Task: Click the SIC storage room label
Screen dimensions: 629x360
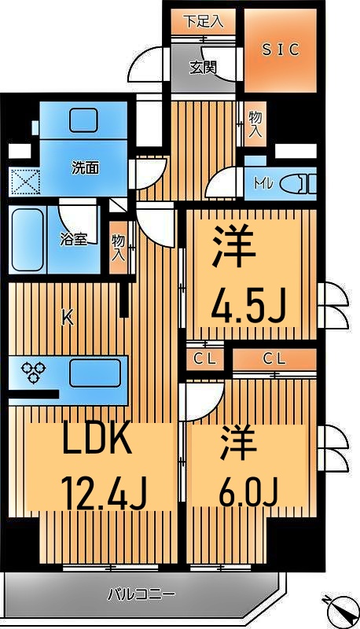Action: click(280, 50)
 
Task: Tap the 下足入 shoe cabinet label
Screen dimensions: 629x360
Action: click(204, 21)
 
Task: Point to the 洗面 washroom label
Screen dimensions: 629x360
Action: click(85, 167)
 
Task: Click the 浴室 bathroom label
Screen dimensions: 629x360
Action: click(75, 239)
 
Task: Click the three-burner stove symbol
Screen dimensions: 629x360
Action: click(35, 372)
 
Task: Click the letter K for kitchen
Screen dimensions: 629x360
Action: click(68, 318)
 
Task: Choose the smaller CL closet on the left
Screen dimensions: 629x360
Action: click(203, 359)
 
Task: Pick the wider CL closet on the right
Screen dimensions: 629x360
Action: click(273, 359)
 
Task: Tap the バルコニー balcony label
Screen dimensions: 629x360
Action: click(141, 594)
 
